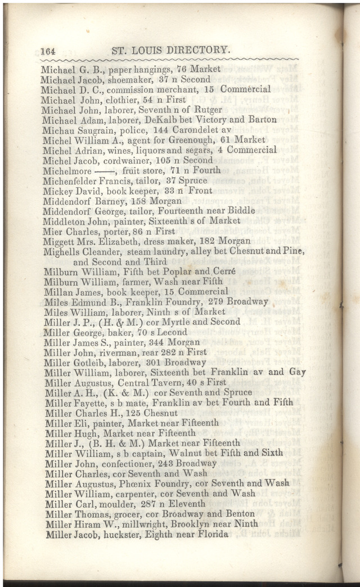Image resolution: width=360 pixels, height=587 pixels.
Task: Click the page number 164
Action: (x=51, y=51)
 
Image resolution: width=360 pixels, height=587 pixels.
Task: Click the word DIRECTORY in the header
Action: (x=195, y=50)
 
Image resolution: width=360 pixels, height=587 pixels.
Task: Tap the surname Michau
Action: (x=55, y=130)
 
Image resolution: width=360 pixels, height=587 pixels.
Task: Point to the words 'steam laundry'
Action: (x=186, y=251)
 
